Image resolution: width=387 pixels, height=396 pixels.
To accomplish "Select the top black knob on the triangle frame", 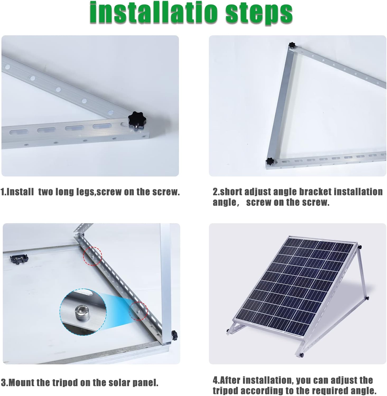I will coord(292,45).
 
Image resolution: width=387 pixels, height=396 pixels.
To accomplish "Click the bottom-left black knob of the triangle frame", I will coord(269,161).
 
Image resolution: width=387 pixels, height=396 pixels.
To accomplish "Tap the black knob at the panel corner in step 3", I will coord(174,335).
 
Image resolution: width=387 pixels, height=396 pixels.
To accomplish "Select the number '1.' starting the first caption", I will coord(3,192).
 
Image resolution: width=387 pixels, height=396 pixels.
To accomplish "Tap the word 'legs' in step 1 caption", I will coord(85,192).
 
